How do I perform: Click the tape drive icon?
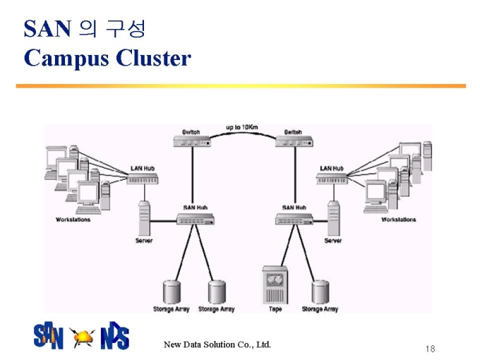275,285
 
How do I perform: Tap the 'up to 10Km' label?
242,127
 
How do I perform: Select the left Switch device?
192,141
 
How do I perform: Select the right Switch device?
294,141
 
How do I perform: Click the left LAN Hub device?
143,179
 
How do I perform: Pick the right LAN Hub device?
332,179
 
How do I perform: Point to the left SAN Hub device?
196,219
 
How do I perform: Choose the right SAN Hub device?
294,219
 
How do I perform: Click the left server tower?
144,218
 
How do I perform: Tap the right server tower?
333,218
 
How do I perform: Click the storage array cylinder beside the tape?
320,292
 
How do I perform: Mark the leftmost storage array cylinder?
172,292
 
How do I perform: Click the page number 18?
430,349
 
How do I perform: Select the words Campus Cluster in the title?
107,58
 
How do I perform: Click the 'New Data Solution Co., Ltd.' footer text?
217,344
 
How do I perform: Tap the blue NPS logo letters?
115,335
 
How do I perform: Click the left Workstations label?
73,220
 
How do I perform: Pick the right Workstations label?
399,220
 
